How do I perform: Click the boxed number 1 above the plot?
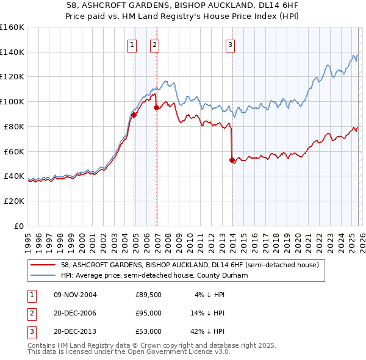[132, 44]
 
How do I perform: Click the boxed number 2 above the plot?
[155, 44]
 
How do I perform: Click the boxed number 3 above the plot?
[231, 44]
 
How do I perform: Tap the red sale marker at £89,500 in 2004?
[134, 115]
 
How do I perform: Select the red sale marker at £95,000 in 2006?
[157, 107]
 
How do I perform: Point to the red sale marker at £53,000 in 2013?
[232, 160]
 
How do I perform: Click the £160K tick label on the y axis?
[12, 27]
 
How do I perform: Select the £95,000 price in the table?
[148, 313]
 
